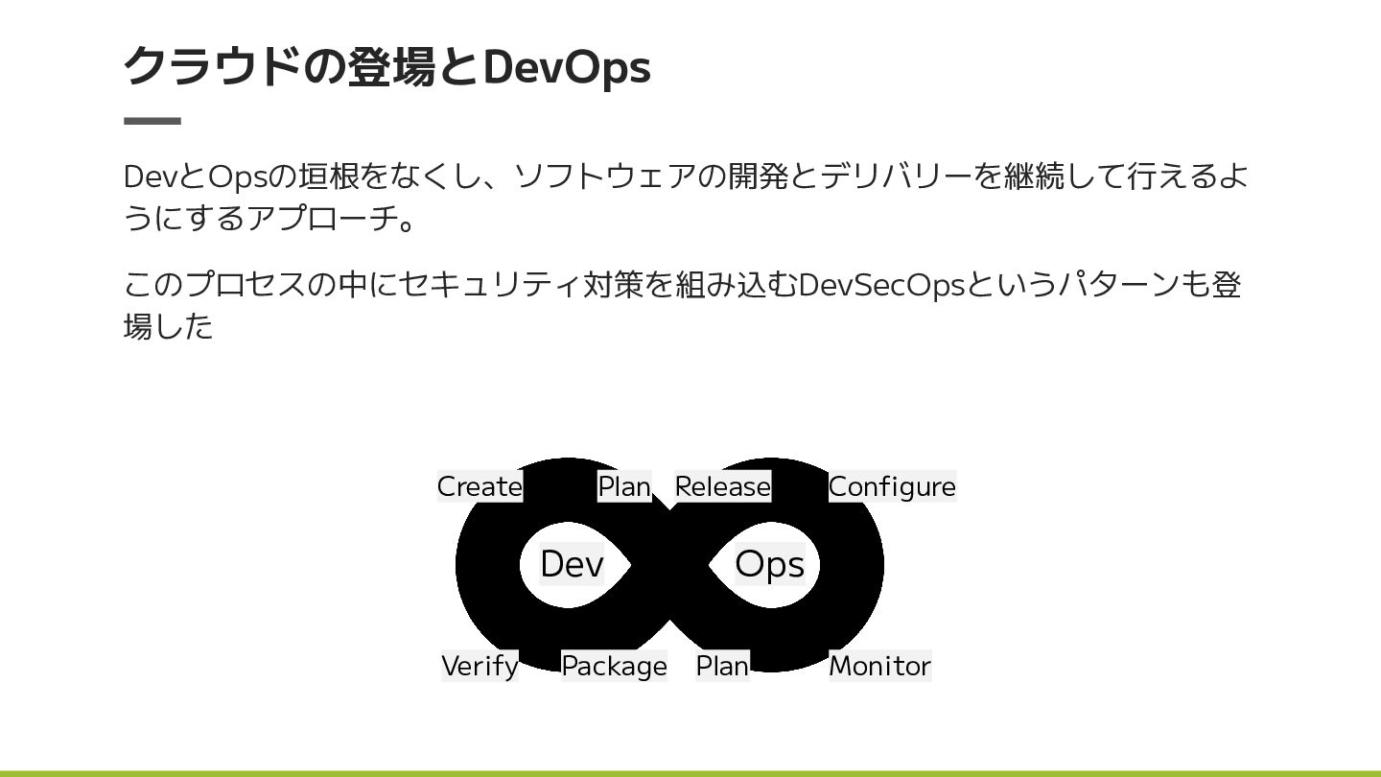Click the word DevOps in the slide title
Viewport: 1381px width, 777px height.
click(566, 67)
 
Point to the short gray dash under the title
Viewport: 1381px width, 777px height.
click(152, 121)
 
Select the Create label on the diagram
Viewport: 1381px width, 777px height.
click(480, 487)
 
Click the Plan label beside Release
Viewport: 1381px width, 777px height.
click(624, 487)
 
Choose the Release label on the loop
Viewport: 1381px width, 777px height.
click(722, 487)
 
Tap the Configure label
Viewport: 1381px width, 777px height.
click(892, 487)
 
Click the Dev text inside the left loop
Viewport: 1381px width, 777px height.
click(572, 564)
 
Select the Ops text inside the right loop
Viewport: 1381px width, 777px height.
click(769, 564)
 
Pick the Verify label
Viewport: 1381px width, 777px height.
click(480, 666)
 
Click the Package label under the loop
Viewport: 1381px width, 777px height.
click(614, 666)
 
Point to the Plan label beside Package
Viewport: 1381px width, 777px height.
click(722, 666)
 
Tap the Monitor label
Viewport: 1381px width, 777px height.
click(879, 666)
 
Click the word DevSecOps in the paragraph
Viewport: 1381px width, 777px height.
click(880, 285)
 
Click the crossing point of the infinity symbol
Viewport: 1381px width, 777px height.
click(669, 565)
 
